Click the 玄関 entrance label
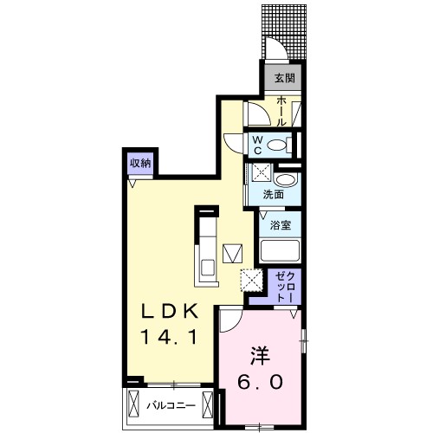(x=284, y=77)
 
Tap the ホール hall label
(x=283, y=112)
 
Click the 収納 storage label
(x=140, y=162)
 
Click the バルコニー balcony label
(x=169, y=404)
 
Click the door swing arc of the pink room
(x=229, y=321)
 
